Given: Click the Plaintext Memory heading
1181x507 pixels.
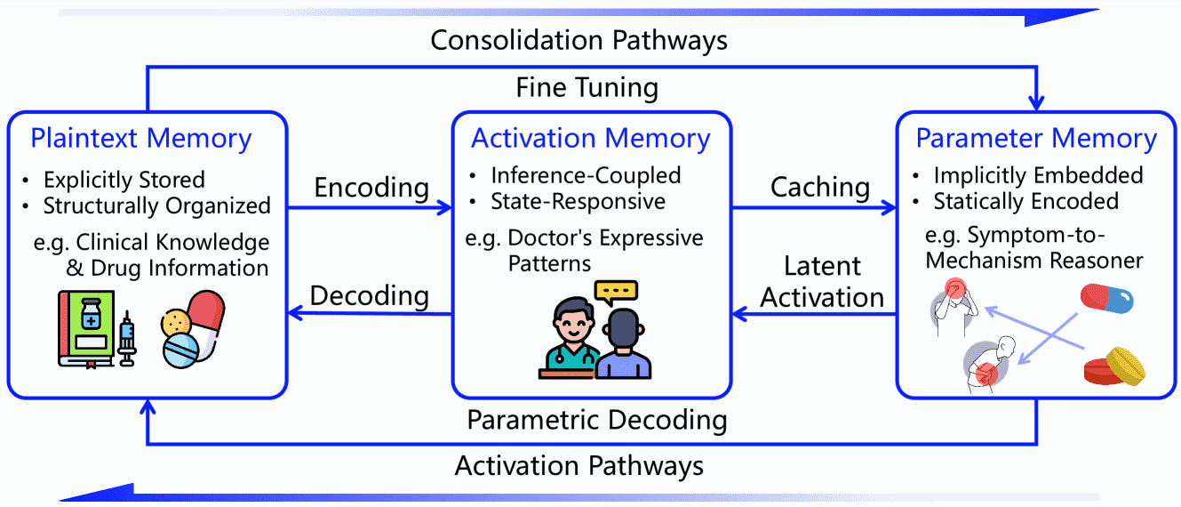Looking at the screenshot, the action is pyautogui.click(x=140, y=139).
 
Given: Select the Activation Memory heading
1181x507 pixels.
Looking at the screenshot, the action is pyautogui.click(x=590, y=139).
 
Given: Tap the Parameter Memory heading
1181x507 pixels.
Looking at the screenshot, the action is pyautogui.click(x=1036, y=139).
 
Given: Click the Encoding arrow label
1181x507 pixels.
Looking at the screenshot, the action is pyautogui.click(x=371, y=188).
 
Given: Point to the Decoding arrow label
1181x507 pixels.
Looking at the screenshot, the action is pyautogui.click(x=369, y=295).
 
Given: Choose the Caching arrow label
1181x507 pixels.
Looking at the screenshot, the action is pyautogui.click(x=820, y=188).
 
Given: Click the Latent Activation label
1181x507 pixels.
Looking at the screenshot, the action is pyautogui.click(x=821, y=282).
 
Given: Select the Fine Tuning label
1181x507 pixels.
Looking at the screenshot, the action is pyautogui.click(x=587, y=88).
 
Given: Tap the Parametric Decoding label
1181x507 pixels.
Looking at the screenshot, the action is pyautogui.click(x=597, y=421).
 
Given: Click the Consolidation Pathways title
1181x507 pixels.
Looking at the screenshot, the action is pyautogui.click(x=579, y=40).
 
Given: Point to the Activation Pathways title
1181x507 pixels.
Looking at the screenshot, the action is pyautogui.click(x=579, y=466).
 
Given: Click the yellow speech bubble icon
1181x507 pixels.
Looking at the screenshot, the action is pyautogui.click(x=616, y=292).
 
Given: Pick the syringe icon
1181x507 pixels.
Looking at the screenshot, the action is pyautogui.click(x=126, y=338).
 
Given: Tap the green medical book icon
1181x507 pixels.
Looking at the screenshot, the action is pyautogui.click(x=86, y=328).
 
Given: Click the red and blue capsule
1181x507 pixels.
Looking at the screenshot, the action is pyautogui.click(x=1106, y=298).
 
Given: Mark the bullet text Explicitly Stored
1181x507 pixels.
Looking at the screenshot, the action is pyautogui.click(x=124, y=180).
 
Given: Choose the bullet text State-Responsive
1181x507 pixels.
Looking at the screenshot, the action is pyautogui.click(x=578, y=202).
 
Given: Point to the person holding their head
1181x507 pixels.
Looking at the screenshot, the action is pyautogui.click(x=954, y=307).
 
